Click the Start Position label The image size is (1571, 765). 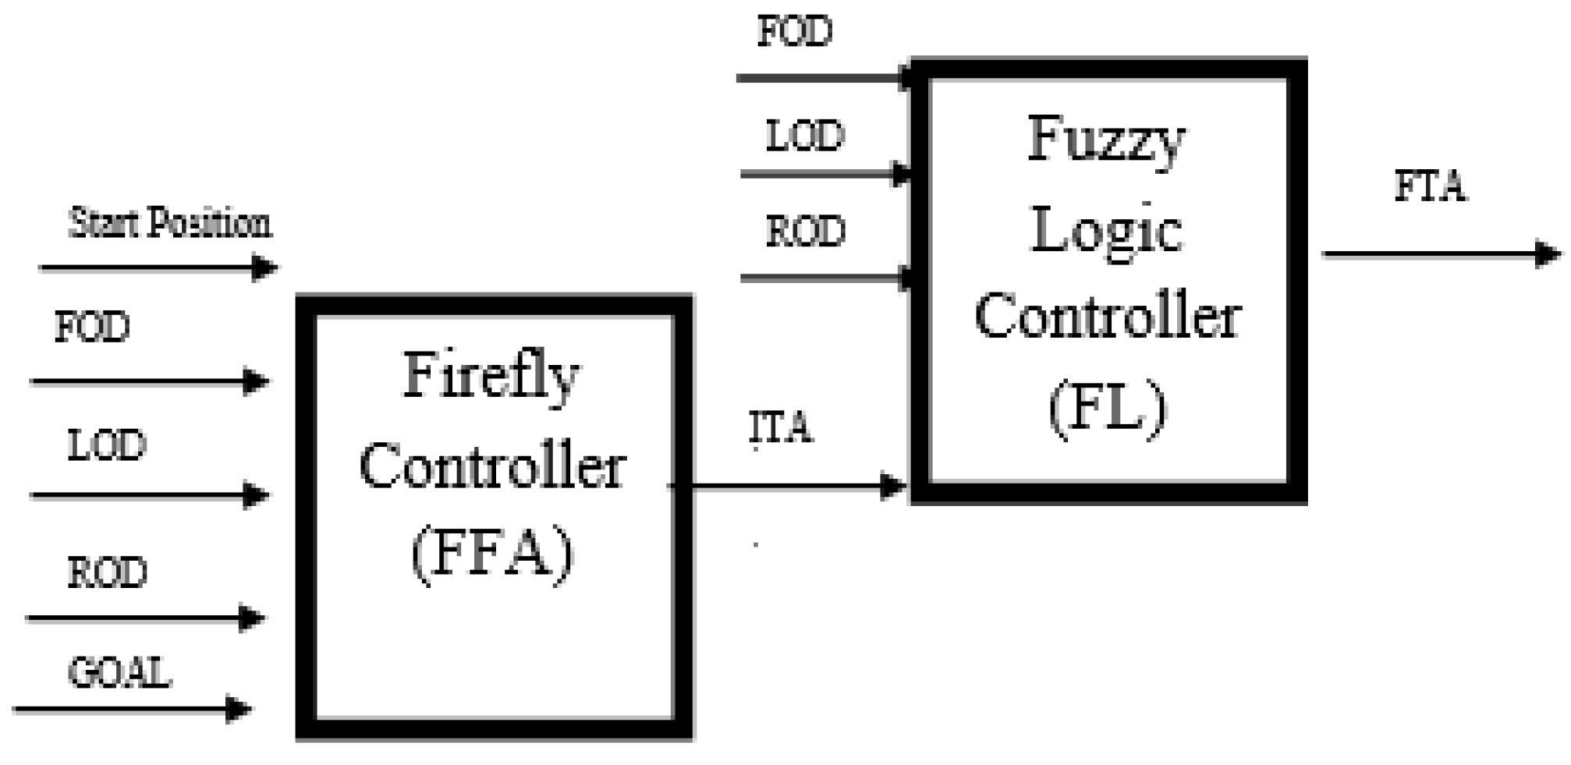(x=170, y=224)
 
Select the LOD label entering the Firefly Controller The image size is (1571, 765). (x=107, y=445)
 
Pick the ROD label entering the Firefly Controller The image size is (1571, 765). (x=107, y=573)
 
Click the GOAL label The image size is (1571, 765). (x=119, y=672)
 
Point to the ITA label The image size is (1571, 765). (x=781, y=428)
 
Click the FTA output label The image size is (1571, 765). (x=1430, y=187)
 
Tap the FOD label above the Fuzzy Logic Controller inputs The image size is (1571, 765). (x=795, y=32)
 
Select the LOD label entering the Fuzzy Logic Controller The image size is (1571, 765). (x=805, y=136)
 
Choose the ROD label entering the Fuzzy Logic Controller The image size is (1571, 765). (x=806, y=232)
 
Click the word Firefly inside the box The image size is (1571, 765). (x=491, y=377)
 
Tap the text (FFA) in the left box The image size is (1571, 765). (x=492, y=554)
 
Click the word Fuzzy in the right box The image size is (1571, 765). (x=1106, y=140)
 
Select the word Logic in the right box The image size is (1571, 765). (x=1106, y=232)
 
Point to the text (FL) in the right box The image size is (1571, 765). (x=1107, y=409)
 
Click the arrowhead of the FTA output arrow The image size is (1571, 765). (x=1547, y=254)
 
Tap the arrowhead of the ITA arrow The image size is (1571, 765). (x=892, y=487)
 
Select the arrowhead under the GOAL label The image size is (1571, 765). (x=238, y=709)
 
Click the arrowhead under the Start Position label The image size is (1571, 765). (x=265, y=267)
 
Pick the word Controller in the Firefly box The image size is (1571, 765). (x=492, y=467)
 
